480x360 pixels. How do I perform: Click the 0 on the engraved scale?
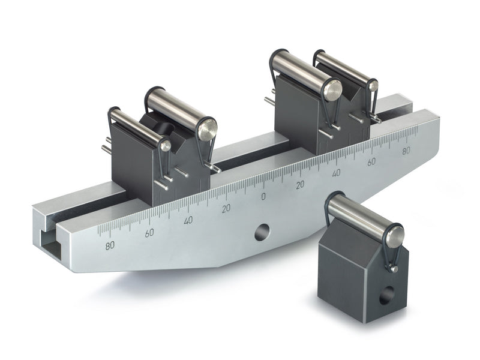coord(262,196)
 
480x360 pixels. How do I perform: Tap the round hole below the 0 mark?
coord(262,232)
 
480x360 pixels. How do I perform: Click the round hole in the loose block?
coord(388,294)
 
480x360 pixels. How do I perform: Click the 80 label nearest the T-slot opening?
coord(110,245)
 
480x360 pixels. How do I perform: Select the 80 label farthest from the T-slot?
coord(406,151)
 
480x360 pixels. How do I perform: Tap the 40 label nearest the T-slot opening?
coord(188,220)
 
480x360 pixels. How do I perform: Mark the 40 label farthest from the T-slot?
coord(336,173)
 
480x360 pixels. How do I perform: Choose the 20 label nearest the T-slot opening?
coord(226,208)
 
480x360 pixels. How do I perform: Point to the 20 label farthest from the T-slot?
coord(299,184)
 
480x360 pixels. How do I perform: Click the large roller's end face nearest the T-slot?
coord(207,129)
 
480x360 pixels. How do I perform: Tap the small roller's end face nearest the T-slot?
coord(165,145)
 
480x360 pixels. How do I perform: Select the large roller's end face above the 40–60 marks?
coord(332,90)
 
